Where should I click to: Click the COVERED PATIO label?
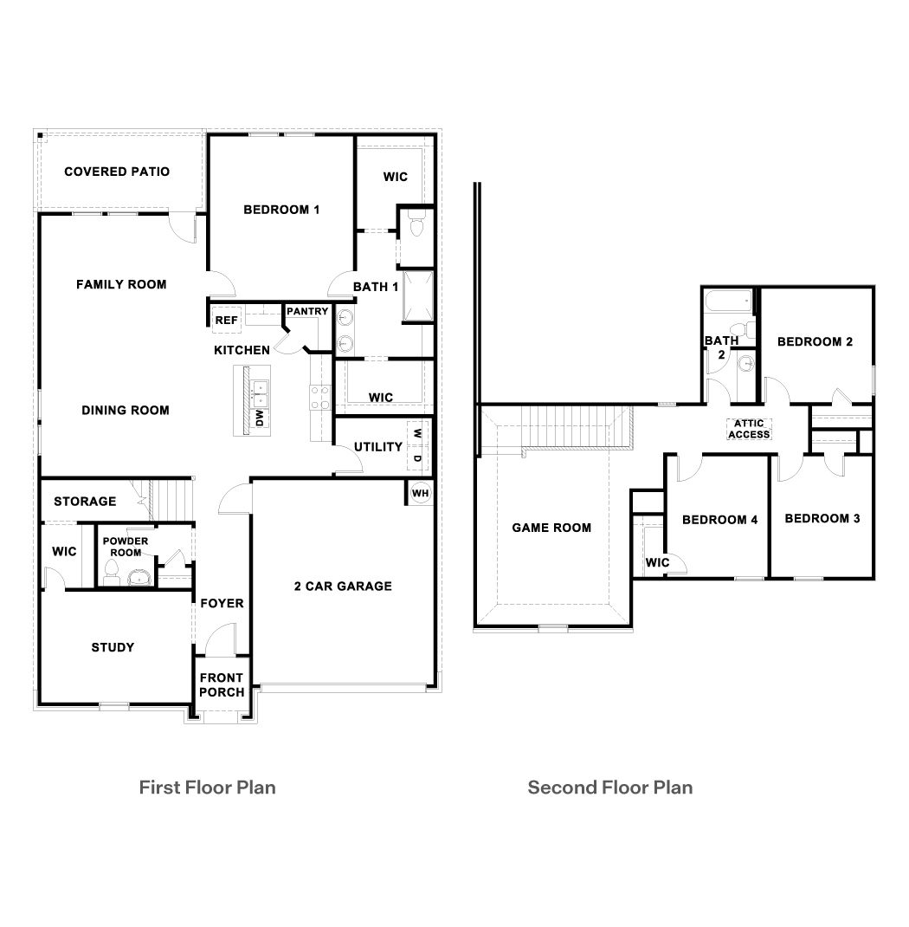tap(117, 172)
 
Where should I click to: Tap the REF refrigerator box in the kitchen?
tap(226, 321)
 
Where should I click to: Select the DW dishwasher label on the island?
tap(259, 418)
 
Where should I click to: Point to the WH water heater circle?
tap(420, 493)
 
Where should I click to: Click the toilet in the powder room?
tap(111, 569)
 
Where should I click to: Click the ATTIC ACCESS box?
tap(749, 429)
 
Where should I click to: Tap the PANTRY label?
tap(307, 311)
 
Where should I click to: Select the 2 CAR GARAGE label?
tap(343, 587)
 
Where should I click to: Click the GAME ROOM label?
tap(551, 528)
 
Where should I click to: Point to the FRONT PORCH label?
tap(222, 684)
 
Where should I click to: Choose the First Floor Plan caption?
tap(208, 788)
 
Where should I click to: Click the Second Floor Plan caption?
tap(610, 788)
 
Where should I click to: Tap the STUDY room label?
tap(113, 647)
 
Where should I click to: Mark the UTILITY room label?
tap(378, 447)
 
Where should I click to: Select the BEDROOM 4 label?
tap(719, 520)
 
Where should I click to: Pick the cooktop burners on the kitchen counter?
tap(320, 398)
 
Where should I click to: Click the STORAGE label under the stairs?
tap(85, 502)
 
